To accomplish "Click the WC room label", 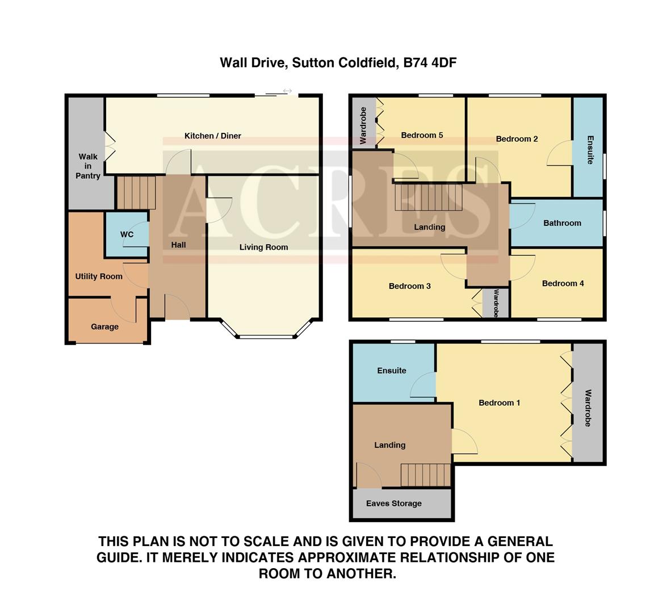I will (x=127, y=234).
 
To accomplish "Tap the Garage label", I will (x=104, y=327).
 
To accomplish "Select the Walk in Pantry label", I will (x=88, y=166).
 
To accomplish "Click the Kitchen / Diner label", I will (x=213, y=136).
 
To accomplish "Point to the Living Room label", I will (x=263, y=247).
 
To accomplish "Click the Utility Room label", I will (x=99, y=276).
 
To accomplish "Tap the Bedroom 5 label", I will (x=422, y=135).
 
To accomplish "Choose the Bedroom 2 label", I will (x=517, y=138).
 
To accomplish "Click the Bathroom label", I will (x=562, y=223).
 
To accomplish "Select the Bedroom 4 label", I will (x=563, y=283).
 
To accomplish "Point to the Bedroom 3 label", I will (x=409, y=286).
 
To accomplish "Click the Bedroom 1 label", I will (x=499, y=403).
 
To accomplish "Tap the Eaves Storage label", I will (x=394, y=503).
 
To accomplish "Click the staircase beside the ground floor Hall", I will (x=136, y=192).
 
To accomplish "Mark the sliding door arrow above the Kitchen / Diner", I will (x=287, y=91).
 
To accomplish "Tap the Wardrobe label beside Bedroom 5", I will (x=363, y=125).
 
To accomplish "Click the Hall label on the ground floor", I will (x=179, y=245).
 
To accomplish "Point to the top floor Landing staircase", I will (x=425, y=475).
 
